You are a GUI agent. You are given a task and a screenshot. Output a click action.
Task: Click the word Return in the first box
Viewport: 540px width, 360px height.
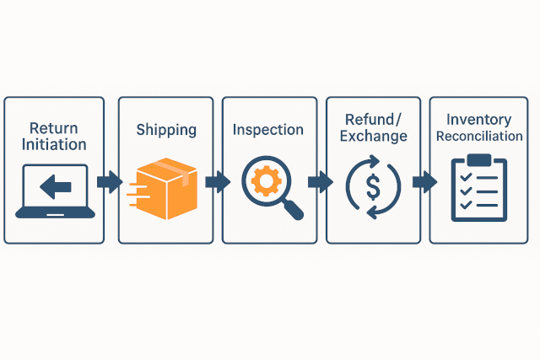point(53,128)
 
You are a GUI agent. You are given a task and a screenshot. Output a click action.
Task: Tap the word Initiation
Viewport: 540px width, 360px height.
point(53,145)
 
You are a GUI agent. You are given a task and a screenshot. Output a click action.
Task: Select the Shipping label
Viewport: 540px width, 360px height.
point(166,130)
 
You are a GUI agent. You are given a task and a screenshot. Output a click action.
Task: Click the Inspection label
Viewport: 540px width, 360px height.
point(268,130)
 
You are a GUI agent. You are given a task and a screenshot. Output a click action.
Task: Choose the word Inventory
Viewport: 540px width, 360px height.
point(479,120)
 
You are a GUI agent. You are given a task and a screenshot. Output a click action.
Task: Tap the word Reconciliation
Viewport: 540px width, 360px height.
point(479,136)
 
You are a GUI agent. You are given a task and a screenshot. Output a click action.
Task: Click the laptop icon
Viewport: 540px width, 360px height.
point(54,191)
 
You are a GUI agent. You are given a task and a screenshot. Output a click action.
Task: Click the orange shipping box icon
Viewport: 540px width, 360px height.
point(166,187)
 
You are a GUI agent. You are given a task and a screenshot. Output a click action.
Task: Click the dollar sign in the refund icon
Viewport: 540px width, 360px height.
point(373,186)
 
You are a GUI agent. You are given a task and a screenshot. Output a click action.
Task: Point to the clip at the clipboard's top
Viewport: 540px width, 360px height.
point(478,159)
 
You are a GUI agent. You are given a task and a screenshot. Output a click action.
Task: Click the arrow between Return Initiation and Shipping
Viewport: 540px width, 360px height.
point(110,181)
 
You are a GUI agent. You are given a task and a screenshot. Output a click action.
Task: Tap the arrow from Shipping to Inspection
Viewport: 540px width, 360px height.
point(217,181)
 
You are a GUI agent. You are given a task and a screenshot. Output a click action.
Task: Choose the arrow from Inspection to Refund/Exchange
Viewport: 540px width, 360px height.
point(320,181)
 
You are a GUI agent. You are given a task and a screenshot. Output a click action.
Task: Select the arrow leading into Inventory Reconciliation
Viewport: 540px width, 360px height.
point(424,181)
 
